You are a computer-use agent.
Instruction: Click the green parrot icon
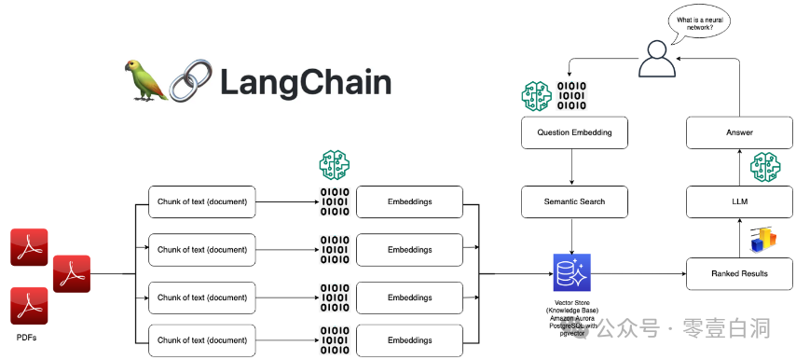coord(145,80)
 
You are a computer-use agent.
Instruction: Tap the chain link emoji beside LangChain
coord(192,81)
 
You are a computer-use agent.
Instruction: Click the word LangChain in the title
coord(305,82)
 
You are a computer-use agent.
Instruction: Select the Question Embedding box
coord(574,132)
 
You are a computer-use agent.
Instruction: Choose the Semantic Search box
coord(574,201)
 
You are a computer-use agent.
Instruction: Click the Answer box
coord(739,132)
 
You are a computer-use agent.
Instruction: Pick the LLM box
coord(739,201)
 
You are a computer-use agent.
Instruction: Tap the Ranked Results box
coord(739,273)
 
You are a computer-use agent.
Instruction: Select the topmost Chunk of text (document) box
coord(202,201)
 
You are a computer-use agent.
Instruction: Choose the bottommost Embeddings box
coord(410,340)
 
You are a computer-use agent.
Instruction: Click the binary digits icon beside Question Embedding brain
coord(572,97)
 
